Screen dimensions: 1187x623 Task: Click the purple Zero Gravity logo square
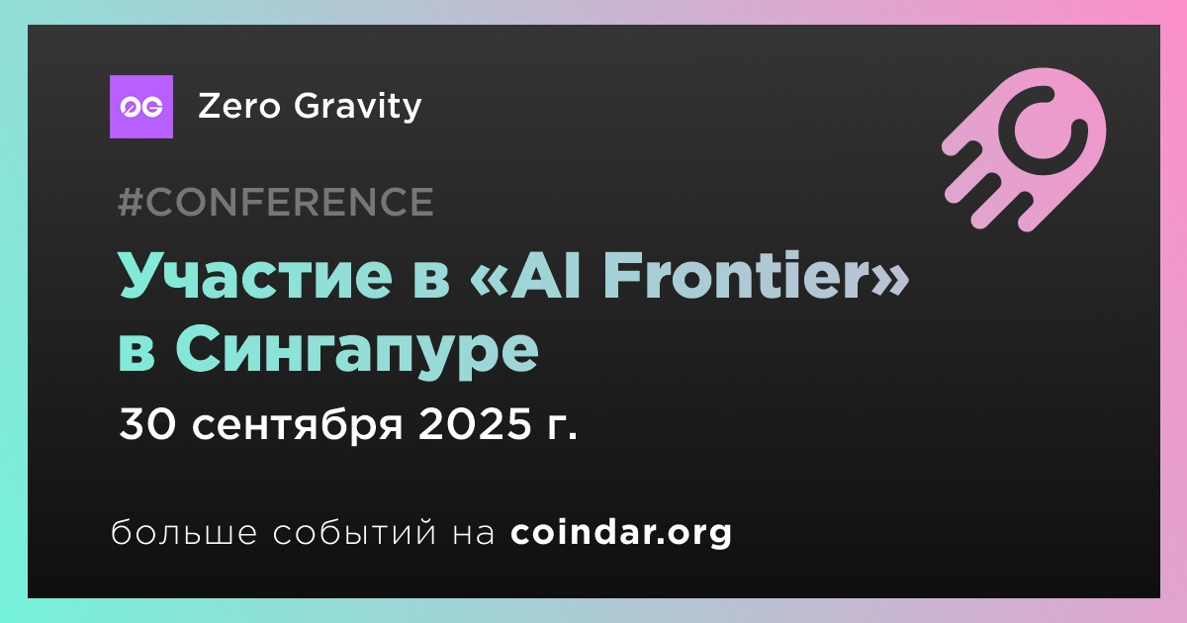[140, 107]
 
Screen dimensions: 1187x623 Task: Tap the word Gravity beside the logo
[358, 107]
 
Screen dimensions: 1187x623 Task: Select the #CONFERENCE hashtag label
[276, 202]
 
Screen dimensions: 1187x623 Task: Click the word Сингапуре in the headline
[357, 351]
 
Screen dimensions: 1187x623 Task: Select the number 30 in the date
[146, 424]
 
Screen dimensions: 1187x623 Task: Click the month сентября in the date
[298, 425]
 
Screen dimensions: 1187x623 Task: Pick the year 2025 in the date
[474, 424]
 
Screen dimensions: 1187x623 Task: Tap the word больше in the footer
[184, 532]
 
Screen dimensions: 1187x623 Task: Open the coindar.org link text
[621, 532]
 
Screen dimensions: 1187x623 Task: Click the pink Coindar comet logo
[1025, 149]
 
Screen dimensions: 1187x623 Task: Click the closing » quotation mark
[892, 279]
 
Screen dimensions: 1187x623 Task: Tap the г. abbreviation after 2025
[561, 428]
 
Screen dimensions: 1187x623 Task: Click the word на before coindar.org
[474, 535]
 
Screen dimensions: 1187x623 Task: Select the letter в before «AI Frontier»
[429, 279]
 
